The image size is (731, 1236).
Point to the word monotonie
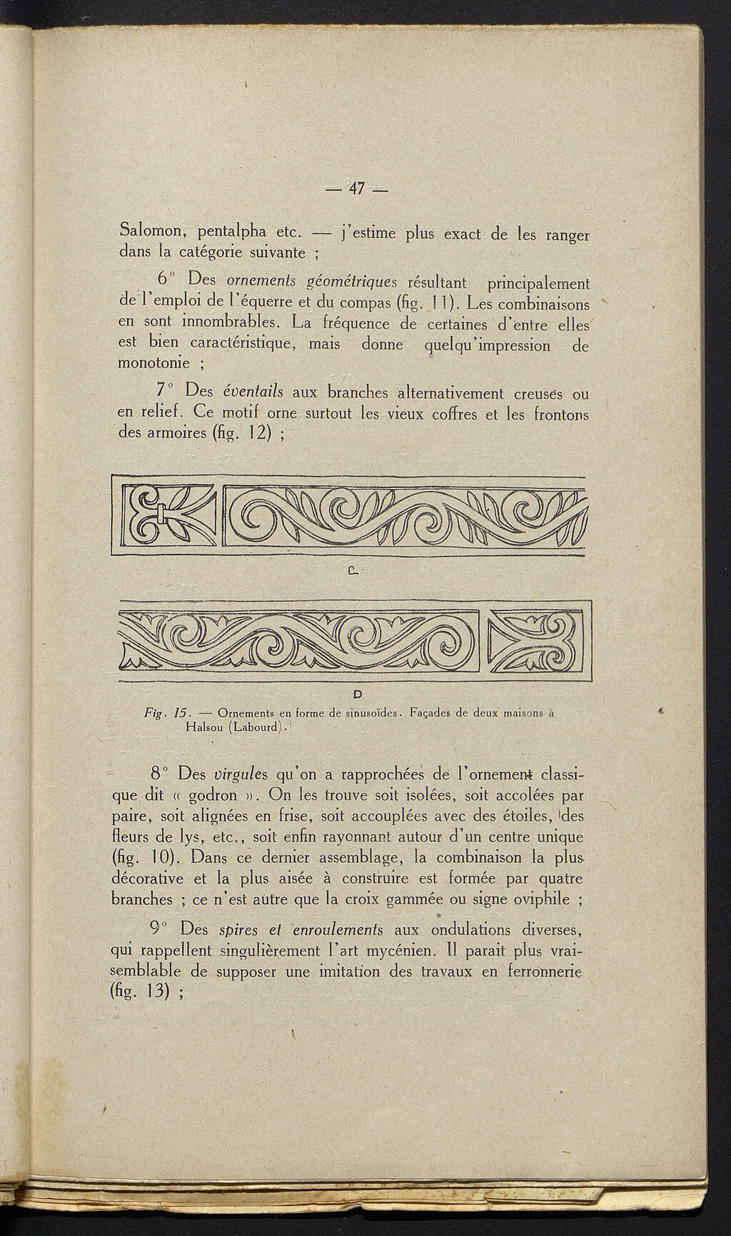[x=151, y=364]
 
